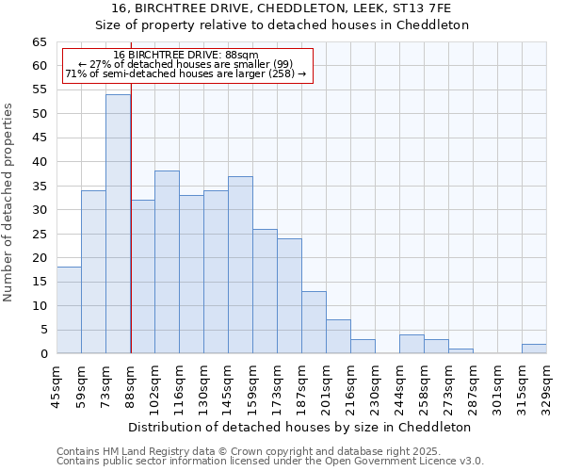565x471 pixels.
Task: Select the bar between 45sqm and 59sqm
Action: click(69, 310)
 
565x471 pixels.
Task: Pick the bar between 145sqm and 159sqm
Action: click(240, 265)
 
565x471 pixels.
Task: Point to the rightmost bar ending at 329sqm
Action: click(534, 349)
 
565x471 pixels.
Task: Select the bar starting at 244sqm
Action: click(412, 344)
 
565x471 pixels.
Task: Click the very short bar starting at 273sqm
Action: click(460, 351)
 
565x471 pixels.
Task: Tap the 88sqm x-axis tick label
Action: click(131, 384)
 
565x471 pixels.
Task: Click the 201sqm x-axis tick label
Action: click(327, 384)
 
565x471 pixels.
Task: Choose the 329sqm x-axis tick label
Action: click(547, 384)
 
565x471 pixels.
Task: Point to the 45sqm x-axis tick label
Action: click(57, 384)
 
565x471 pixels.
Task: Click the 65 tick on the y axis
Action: click(40, 42)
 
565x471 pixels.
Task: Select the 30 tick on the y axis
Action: click(40, 209)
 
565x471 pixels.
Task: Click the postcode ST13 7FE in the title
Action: click(420, 8)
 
